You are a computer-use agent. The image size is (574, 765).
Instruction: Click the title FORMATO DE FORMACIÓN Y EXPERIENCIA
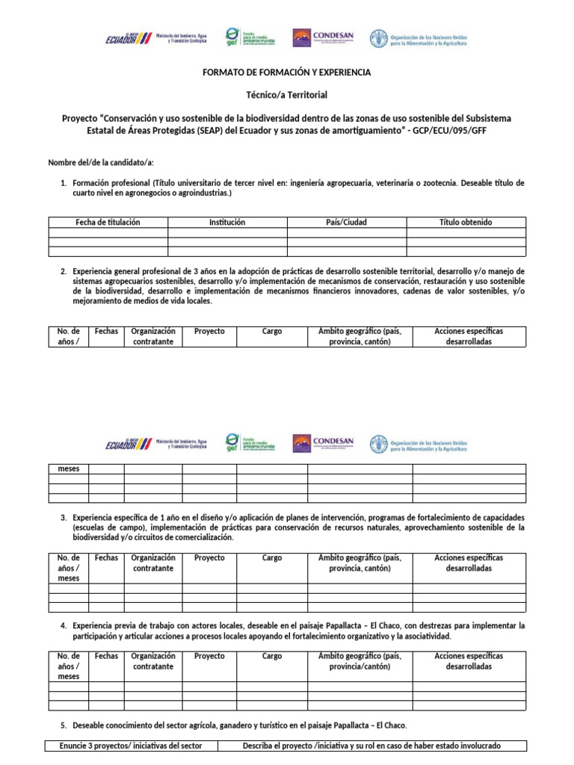coord(287,72)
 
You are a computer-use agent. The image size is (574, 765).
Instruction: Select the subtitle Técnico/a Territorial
coord(287,95)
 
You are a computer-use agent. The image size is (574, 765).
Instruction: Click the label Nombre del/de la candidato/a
coord(102,162)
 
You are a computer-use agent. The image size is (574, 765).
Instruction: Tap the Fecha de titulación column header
coord(108,222)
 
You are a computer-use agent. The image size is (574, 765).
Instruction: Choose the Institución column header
coord(227,222)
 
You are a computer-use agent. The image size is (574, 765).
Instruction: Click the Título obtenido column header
coord(466,222)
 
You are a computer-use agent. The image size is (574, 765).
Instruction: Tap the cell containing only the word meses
coord(68,469)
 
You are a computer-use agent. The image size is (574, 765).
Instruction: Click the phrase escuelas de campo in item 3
coord(99,527)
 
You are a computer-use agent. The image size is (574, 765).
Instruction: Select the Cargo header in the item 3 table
coord(272,558)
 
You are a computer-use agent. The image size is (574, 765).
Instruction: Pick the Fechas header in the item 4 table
coord(106,656)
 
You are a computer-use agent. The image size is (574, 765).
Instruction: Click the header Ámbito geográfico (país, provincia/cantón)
coord(359,661)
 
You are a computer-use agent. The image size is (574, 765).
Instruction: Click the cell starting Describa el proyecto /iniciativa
coord(371,746)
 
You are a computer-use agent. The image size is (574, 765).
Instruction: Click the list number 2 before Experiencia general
coord(63,270)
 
